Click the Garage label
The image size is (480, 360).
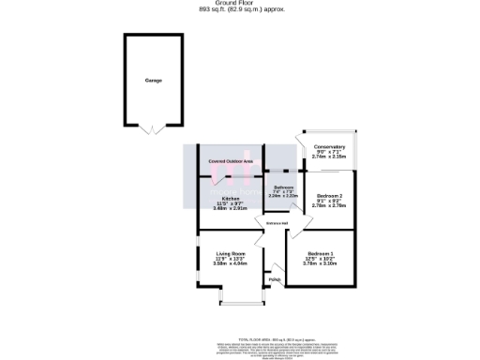pyautogui.click(x=153, y=81)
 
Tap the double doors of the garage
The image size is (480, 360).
pyautogui.click(x=151, y=130)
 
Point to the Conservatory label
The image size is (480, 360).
pyautogui.click(x=329, y=147)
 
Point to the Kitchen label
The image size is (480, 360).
pyautogui.click(x=230, y=199)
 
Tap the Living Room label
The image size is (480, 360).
pyautogui.click(x=230, y=254)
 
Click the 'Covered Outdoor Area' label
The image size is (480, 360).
pyautogui.click(x=231, y=161)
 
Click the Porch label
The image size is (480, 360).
pyautogui.click(x=275, y=279)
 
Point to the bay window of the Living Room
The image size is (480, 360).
pyautogui.click(x=240, y=302)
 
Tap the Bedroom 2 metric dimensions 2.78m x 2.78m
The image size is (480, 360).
pyautogui.click(x=327, y=203)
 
